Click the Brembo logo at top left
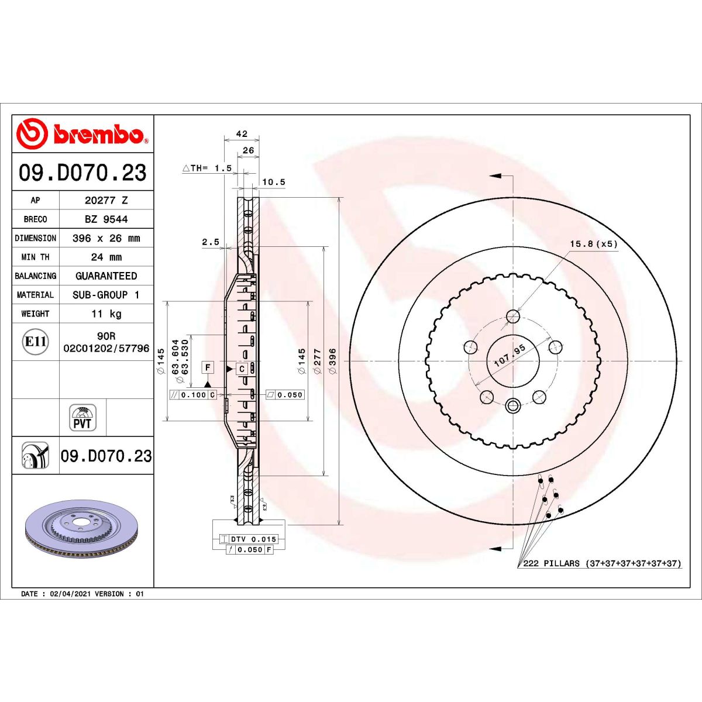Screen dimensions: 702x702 pyautogui.click(x=82, y=133)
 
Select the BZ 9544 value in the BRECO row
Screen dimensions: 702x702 pyautogui.click(x=106, y=219)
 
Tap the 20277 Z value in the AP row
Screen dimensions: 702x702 pyautogui.click(x=106, y=200)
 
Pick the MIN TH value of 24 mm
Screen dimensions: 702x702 pyautogui.click(x=106, y=257)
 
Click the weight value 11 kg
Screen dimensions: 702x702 pyautogui.click(x=106, y=314)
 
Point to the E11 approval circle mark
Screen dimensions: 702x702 pyautogui.click(x=36, y=342)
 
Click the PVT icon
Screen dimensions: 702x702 pyautogui.click(x=82, y=418)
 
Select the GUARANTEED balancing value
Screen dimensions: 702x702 pyautogui.click(x=106, y=276)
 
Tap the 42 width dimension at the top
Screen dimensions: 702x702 pyautogui.click(x=242, y=134)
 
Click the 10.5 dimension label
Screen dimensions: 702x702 pyautogui.click(x=273, y=182)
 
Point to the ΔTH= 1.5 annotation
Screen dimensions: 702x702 pyautogui.click(x=207, y=168)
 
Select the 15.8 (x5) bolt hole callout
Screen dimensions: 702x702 pyautogui.click(x=593, y=244)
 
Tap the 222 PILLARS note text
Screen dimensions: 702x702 pyautogui.click(x=601, y=563)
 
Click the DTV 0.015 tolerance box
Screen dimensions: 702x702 pyautogui.click(x=248, y=539)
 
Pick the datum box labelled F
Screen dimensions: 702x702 pyautogui.click(x=208, y=367)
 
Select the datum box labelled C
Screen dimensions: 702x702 pyautogui.click(x=242, y=369)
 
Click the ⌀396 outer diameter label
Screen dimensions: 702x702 pyautogui.click(x=333, y=361)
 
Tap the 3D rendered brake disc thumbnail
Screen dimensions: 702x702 pyautogui.click(x=82, y=529)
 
